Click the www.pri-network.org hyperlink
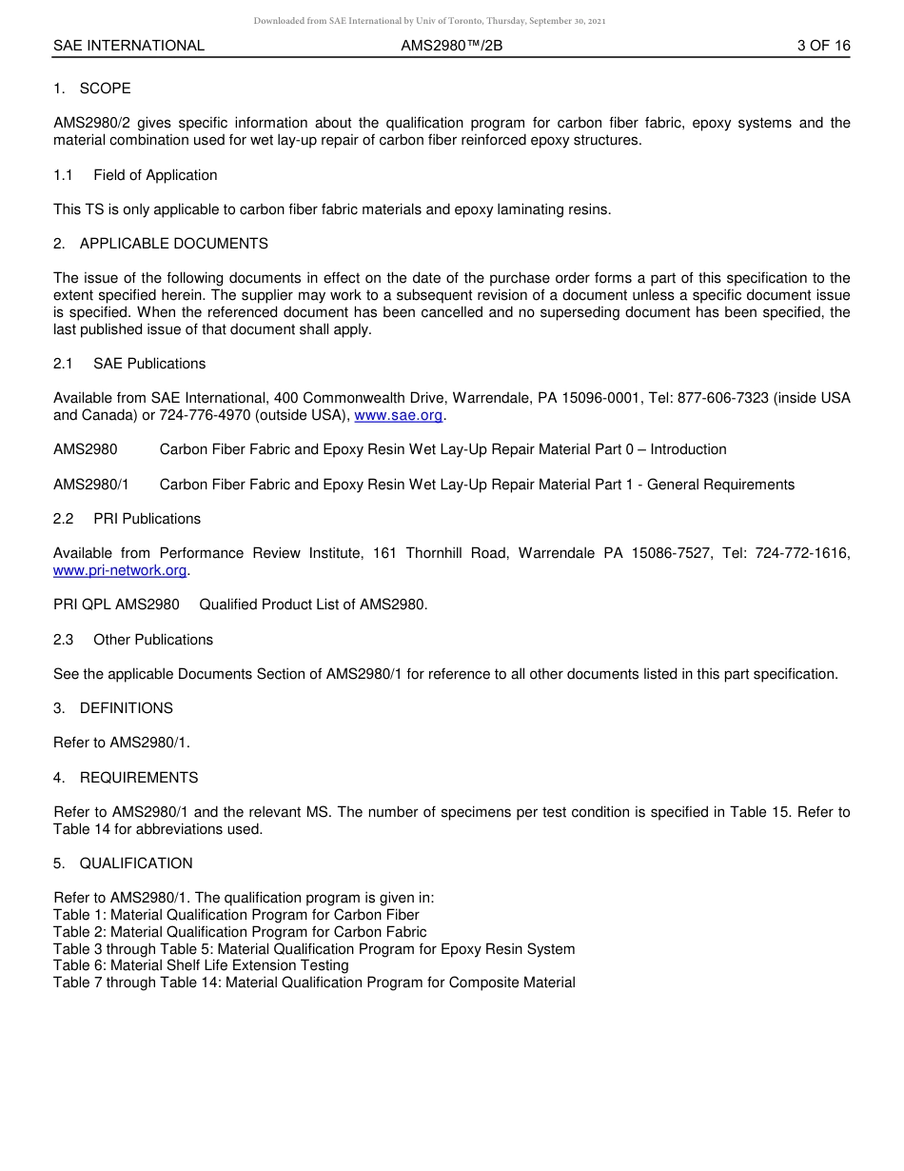pyautogui.click(x=120, y=570)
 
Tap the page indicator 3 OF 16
pyautogui.click(x=823, y=46)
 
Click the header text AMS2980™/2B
pyautogui.click(x=451, y=46)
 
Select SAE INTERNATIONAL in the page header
pyautogui.click(x=128, y=46)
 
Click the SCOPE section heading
pyautogui.click(x=105, y=89)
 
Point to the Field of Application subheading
pyautogui.click(x=155, y=175)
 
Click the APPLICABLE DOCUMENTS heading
pyautogui.click(x=173, y=244)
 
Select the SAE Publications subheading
pyautogui.click(x=149, y=364)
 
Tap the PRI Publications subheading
pyautogui.click(x=147, y=519)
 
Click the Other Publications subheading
pyautogui.click(x=153, y=640)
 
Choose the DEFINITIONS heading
pyautogui.click(x=126, y=708)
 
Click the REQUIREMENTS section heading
pyautogui.click(x=139, y=778)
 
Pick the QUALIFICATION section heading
pyautogui.click(x=136, y=863)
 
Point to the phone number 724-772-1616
pyautogui.click(x=802, y=553)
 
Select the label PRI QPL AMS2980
pyautogui.click(x=116, y=605)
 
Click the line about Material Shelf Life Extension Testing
pyautogui.click(x=201, y=965)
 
